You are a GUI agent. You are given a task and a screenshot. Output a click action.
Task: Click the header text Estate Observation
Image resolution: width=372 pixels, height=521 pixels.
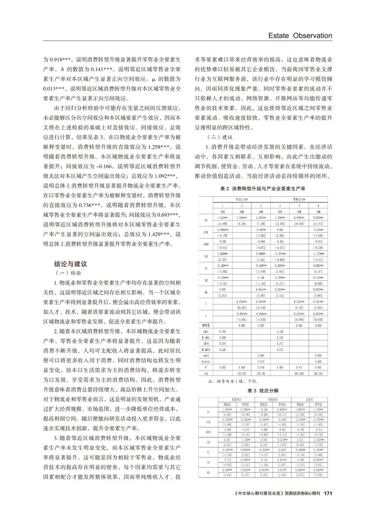pos(300,35)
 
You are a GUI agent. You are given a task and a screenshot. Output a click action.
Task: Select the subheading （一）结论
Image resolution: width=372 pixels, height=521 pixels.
pos(67,273)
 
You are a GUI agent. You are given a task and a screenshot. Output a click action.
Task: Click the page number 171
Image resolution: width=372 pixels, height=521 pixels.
pos(327,505)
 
